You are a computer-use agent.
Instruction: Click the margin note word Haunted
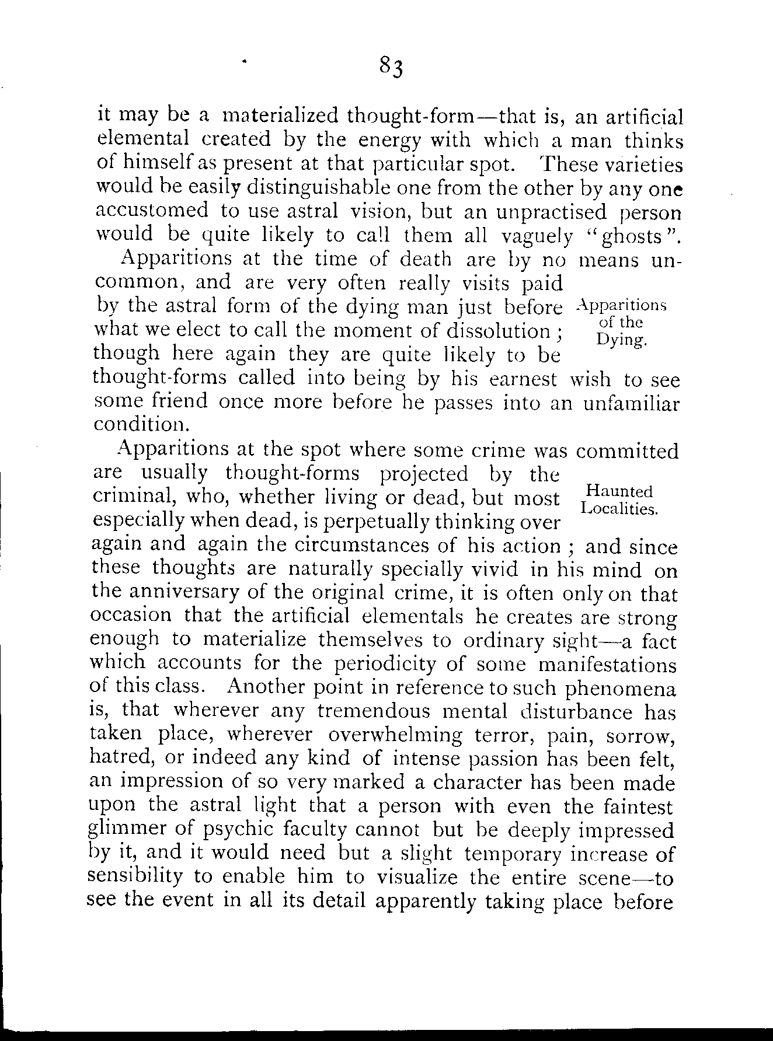click(619, 491)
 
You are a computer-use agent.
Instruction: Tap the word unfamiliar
click(632, 404)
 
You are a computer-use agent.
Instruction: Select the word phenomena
click(621, 690)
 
